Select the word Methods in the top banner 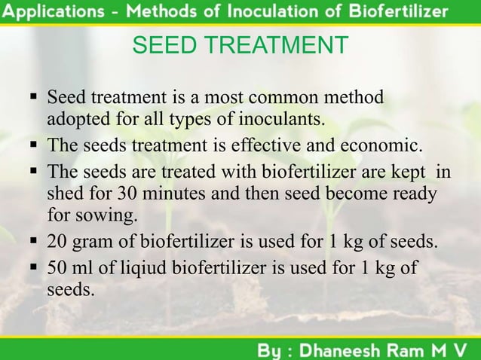[160, 12]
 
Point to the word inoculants [288, 119]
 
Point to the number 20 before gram [57, 243]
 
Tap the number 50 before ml [57, 268]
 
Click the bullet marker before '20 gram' [33, 243]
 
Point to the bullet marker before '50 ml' [33, 268]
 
